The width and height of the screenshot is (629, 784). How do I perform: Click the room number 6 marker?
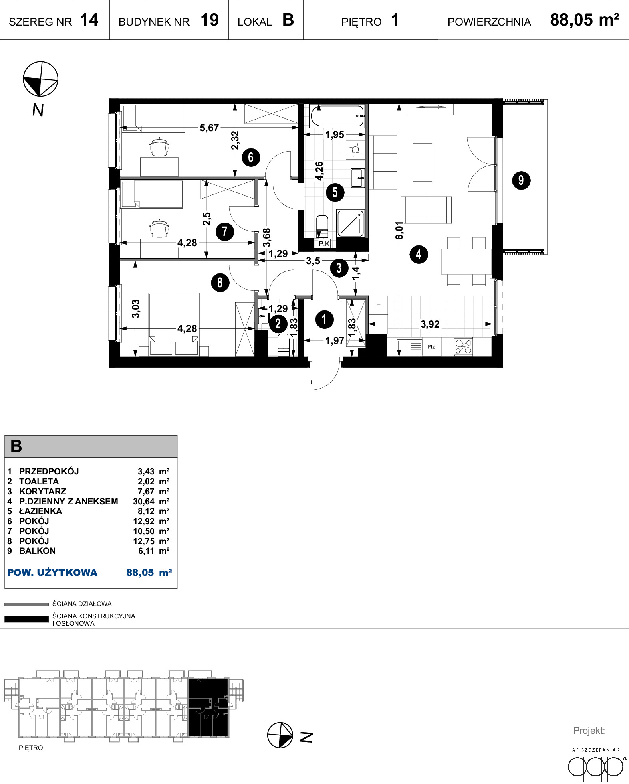tap(251, 157)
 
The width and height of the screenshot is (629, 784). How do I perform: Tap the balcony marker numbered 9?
tap(521, 180)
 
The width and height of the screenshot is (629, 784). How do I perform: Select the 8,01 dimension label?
tap(399, 231)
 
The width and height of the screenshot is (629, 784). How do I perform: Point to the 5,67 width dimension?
tap(209, 128)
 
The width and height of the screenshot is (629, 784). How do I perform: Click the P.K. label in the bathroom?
tap(324, 243)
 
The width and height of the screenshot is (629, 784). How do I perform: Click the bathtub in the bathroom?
tap(337, 116)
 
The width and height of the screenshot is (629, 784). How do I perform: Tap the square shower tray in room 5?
tap(351, 223)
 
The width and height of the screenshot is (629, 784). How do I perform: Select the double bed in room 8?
tap(173, 324)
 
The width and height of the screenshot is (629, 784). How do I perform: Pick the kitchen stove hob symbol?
tap(463, 346)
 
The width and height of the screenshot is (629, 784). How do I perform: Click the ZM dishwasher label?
tap(431, 347)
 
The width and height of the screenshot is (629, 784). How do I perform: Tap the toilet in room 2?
tap(283, 346)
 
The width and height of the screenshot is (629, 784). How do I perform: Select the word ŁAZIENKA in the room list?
tap(40, 511)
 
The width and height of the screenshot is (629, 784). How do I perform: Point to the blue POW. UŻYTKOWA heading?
tap(52, 573)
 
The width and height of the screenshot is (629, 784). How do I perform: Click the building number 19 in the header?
tap(210, 20)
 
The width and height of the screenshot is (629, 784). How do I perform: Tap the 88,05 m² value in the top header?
tap(585, 20)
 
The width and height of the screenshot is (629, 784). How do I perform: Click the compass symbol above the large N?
tap(40, 79)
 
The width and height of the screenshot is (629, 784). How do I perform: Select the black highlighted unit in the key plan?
tap(208, 707)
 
